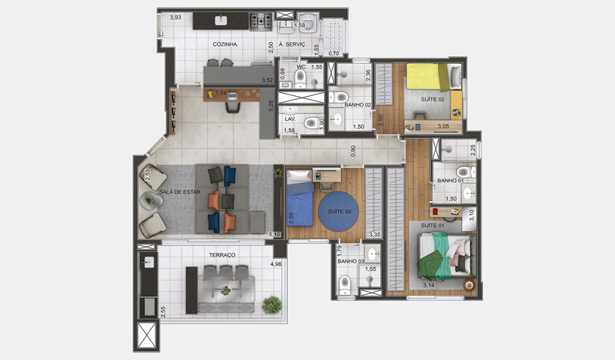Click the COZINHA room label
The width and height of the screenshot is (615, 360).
[x=225, y=44]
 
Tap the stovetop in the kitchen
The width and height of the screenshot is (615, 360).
[x=260, y=21]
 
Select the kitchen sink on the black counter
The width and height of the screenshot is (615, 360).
[x=221, y=20]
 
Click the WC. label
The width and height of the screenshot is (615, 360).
[x=301, y=67]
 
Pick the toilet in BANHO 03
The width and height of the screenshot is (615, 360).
[x=345, y=283]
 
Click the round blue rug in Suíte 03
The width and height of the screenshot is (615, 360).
[x=340, y=212]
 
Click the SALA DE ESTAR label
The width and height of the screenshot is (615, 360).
[x=179, y=192]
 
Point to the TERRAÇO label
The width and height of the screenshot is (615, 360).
[x=222, y=255]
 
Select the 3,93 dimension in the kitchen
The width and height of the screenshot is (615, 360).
[x=175, y=17]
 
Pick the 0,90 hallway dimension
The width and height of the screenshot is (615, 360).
[x=352, y=149]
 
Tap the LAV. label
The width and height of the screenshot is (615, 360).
[x=289, y=118]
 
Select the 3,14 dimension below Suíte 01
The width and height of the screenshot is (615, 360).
[x=428, y=285]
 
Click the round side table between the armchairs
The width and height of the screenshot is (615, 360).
[x=149, y=200]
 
